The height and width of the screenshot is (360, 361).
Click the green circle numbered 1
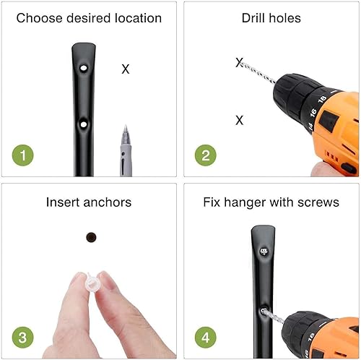point(23,155)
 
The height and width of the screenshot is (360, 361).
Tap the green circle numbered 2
point(206,155)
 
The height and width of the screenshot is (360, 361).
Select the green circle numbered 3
point(23,338)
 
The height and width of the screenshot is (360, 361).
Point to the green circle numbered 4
point(206,338)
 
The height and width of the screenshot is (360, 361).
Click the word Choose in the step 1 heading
point(39,18)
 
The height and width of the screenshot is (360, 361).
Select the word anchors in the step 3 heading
point(108,202)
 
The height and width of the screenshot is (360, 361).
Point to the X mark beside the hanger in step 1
point(126,69)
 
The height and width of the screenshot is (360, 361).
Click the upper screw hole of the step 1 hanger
point(84,68)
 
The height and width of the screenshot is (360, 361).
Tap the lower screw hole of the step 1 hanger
point(84,124)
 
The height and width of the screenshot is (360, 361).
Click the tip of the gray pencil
point(126,125)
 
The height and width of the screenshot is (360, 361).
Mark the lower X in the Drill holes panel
point(240,120)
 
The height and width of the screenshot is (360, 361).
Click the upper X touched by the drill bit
point(239,62)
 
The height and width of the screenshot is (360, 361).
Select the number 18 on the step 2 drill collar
point(322,99)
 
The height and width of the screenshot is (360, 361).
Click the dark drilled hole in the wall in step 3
point(91,237)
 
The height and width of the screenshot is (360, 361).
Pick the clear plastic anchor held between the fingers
point(92,283)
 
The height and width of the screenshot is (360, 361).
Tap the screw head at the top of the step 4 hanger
point(264,252)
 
